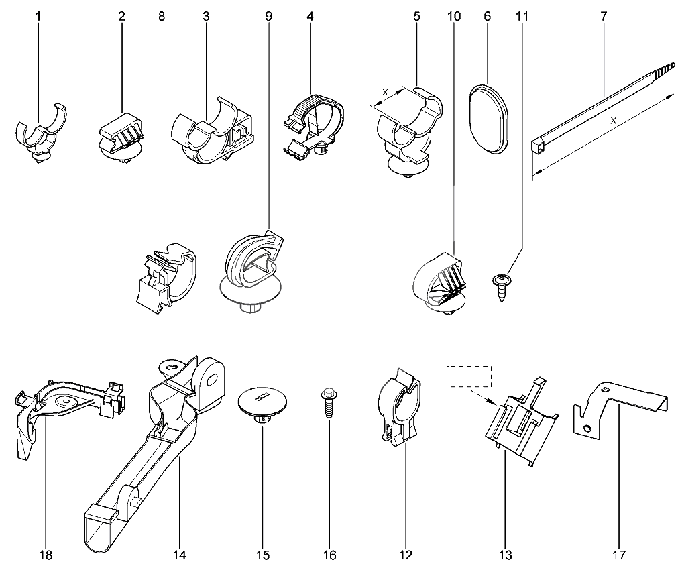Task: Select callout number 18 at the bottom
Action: pyautogui.click(x=46, y=555)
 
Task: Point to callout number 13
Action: pyautogui.click(x=505, y=555)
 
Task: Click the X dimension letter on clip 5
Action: pyautogui.click(x=384, y=92)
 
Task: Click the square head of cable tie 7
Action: pyautogui.click(x=537, y=142)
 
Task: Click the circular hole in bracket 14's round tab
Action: pyautogui.click(x=213, y=380)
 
